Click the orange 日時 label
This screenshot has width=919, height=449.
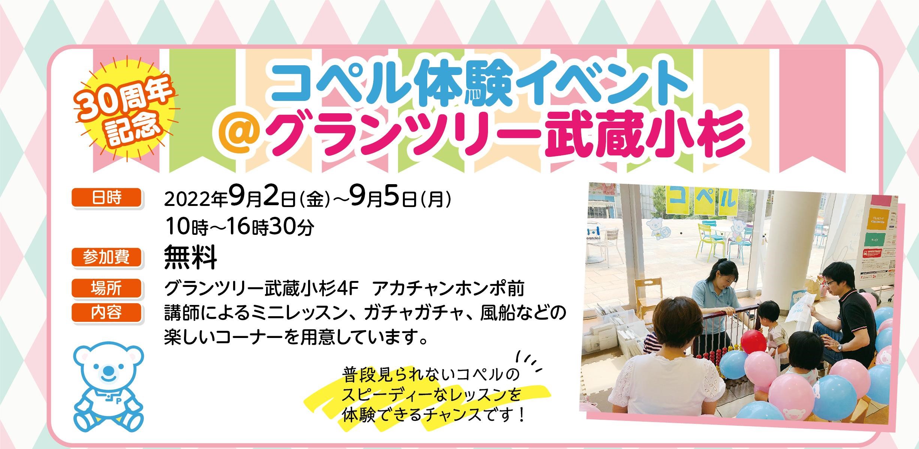click(106, 198)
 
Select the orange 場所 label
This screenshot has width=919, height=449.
click(106, 289)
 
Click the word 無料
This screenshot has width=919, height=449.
click(191, 258)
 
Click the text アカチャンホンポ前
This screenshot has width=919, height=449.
click(449, 289)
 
